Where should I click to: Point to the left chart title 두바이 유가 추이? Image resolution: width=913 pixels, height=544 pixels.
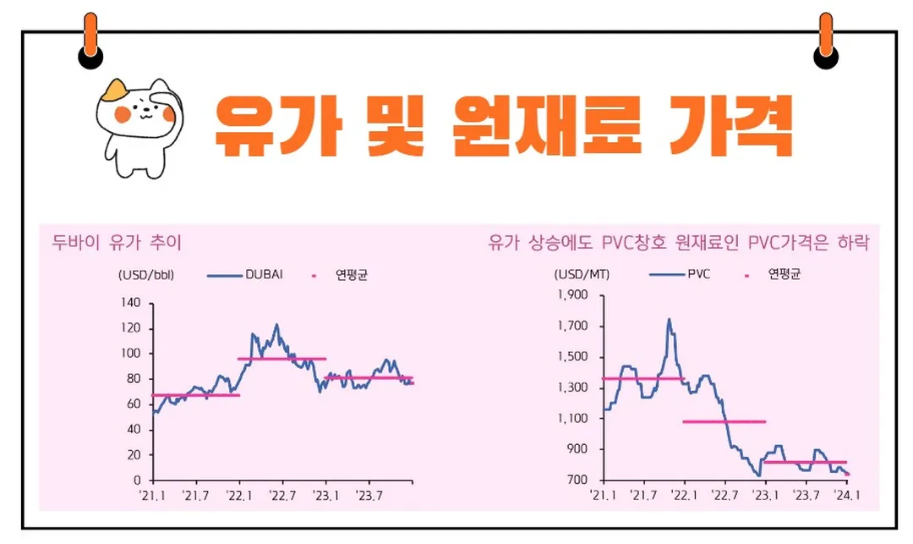(117, 243)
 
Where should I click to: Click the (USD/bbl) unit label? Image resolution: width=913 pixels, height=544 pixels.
(146, 275)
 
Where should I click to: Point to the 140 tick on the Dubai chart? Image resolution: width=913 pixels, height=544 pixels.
(131, 302)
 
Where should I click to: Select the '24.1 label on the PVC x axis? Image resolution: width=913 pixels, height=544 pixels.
(847, 495)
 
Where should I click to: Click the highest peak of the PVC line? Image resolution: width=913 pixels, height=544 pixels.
(669, 320)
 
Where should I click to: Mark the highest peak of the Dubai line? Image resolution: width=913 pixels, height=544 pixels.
(276, 324)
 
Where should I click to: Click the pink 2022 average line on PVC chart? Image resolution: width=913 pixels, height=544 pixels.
(724, 421)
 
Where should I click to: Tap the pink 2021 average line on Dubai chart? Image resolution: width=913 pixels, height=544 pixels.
(195, 395)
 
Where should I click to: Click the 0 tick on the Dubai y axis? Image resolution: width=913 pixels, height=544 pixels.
(139, 480)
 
